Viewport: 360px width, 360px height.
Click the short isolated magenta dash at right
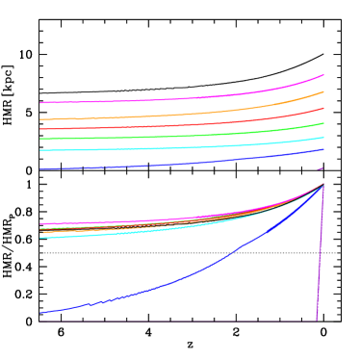coord(320,168)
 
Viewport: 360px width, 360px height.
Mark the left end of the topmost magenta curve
coord(40,102)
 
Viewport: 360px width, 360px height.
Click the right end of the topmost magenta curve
coord(323,75)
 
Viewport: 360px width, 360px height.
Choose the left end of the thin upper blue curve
coord(40,169)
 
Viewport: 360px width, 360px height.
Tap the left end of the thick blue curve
coord(40,313)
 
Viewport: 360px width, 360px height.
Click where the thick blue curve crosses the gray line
coord(234,253)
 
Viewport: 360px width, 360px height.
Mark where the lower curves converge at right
coord(322,184)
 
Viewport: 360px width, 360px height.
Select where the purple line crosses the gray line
coord(320,253)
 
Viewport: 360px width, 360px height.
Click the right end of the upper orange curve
coord(323,91)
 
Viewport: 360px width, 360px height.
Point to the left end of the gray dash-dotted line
coord(40,253)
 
